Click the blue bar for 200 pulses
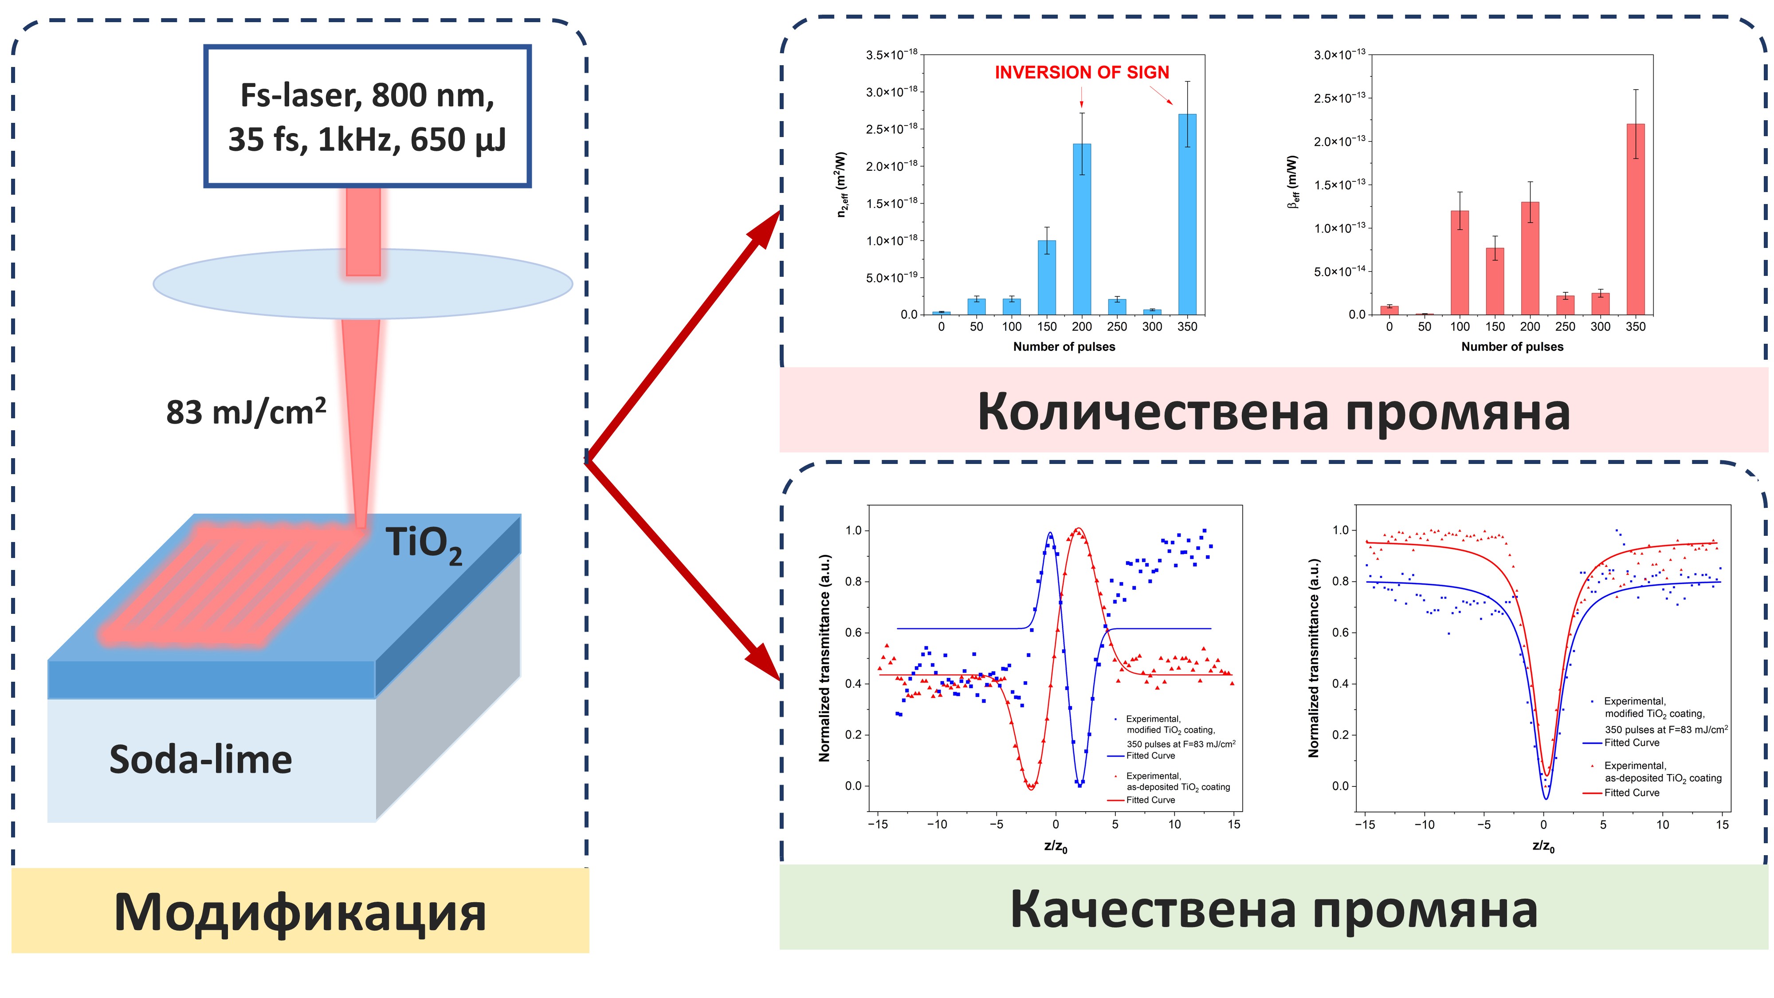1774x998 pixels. pos(1082,229)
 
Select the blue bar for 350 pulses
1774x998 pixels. pos(1187,214)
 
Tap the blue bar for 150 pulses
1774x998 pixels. pos(1047,278)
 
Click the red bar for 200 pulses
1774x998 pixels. pos(1530,258)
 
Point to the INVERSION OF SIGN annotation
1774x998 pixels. pos(1082,72)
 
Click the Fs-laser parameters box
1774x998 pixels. pos(367,116)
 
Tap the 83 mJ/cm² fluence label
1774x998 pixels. pos(246,413)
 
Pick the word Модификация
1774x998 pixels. pos(300,912)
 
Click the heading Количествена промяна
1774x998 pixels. pos(1273,412)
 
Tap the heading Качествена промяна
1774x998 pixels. pos(1273,909)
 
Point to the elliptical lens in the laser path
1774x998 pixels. pos(363,284)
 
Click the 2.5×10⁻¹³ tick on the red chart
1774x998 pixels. pos(1339,97)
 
